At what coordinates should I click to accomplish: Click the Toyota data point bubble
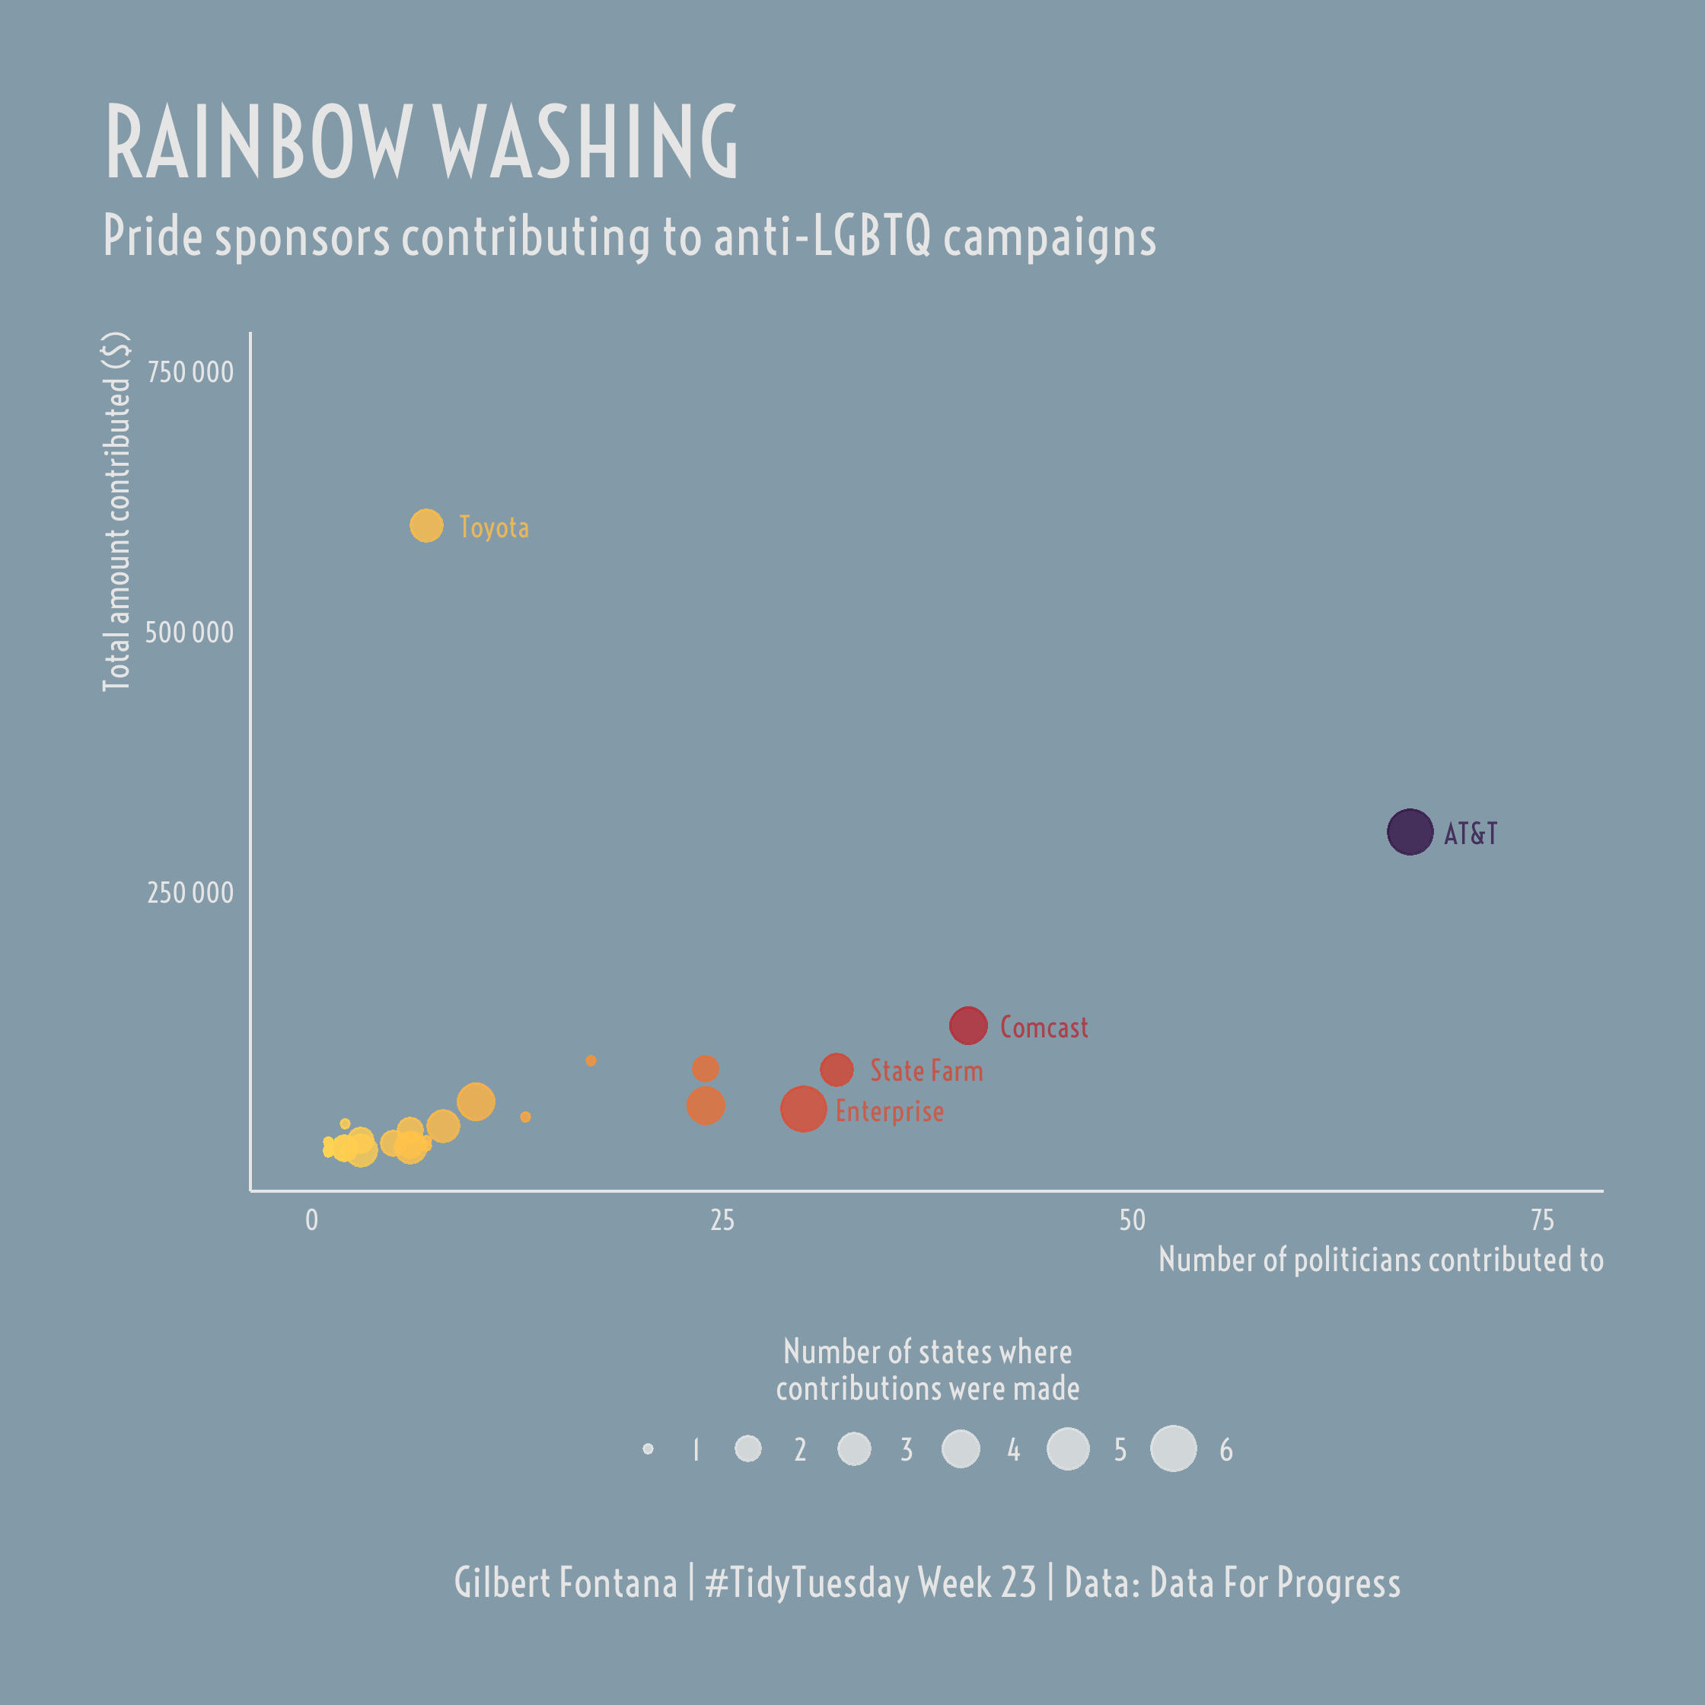coord(426,526)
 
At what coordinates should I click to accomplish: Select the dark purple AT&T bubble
coord(1410,832)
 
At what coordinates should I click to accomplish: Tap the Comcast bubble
coord(968,1025)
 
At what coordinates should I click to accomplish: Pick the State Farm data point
coord(837,1069)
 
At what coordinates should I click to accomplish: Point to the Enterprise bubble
coord(803,1109)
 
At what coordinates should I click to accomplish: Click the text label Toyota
coord(494,527)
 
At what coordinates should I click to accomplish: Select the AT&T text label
coord(1471,834)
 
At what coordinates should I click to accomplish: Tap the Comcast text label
coord(1044,1028)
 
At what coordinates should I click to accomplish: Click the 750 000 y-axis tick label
coord(190,372)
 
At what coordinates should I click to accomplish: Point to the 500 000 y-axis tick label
coord(190,633)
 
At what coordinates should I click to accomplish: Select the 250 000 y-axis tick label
coord(190,893)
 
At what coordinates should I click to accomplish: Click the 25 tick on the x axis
coord(722,1220)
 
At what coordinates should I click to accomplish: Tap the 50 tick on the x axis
coord(1133,1220)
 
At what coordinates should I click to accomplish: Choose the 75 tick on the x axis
coord(1542,1220)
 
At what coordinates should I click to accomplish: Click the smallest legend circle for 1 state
coord(648,1449)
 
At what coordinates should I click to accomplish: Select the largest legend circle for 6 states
coord(1174,1449)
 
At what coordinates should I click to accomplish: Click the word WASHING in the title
coord(586,143)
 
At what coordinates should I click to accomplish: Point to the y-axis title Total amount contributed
coord(116,511)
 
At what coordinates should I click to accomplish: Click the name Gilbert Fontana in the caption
coord(565,1582)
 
